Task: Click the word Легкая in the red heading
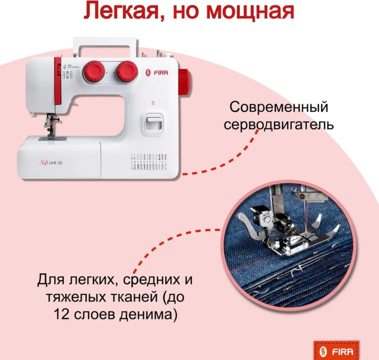coord(123,11)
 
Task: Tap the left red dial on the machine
coord(94,71)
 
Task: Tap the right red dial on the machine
coord(127,72)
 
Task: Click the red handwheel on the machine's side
coord(184,81)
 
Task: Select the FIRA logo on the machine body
coord(157,73)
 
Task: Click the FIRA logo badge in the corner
coord(336,351)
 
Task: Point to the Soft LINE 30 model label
coord(51,163)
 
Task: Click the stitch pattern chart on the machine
coord(149,161)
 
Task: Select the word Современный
coord(279,107)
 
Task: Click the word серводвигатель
coord(279,125)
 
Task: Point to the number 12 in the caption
coord(61,314)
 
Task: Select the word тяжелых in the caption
coord(75,297)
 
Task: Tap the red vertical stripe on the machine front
coord(58,81)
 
